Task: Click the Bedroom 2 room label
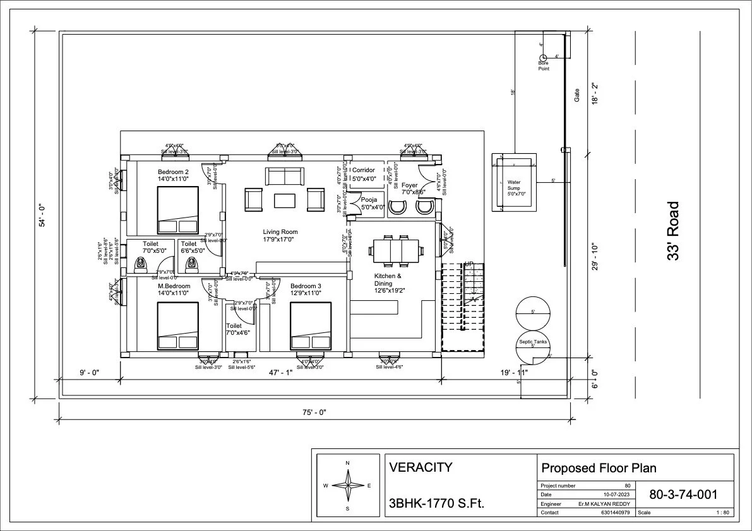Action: coord(173,172)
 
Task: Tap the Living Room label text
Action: coord(280,232)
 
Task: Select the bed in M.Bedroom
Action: coord(178,325)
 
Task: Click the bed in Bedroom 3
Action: coord(311,325)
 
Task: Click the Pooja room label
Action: coord(369,200)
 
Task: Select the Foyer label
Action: coord(409,185)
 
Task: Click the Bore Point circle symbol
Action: coord(542,58)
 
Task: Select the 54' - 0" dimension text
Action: coord(42,215)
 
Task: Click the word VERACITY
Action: coord(421,467)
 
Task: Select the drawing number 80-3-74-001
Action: coord(683,494)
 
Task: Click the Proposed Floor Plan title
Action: coord(599,468)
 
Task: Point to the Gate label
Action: coord(576,95)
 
